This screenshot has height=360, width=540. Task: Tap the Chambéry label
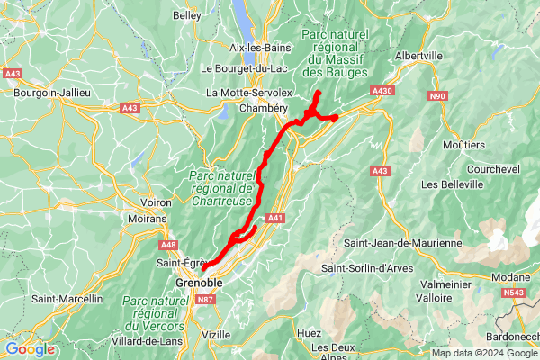[263, 108]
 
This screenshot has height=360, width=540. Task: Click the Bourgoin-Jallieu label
[49, 92]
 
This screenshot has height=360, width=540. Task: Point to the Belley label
[187, 15]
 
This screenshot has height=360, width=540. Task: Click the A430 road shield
[382, 91]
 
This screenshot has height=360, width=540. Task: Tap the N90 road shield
[438, 96]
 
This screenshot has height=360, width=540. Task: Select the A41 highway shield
[275, 217]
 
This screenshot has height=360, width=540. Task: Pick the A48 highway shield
[168, 245]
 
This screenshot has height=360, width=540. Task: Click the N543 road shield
[514, 292]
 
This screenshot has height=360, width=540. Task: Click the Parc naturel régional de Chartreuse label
[221, 188]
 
